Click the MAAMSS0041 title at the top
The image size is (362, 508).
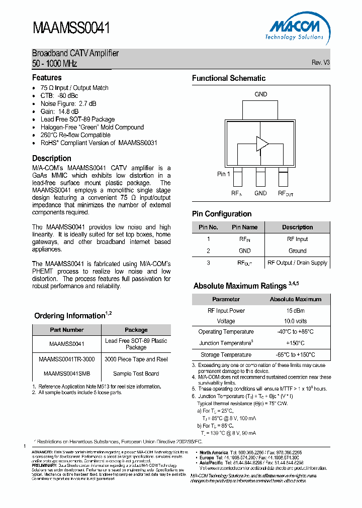pos(71,28)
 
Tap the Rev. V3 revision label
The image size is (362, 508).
pos(320,63)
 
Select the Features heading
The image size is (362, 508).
pos(47,78)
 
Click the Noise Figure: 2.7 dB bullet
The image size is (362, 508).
pos(68,103)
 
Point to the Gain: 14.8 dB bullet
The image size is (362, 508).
pos(59,111)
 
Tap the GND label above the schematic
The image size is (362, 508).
pos(260,94)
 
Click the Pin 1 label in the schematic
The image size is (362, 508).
pos(224,174)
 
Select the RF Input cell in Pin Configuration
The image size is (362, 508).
pos(297,239)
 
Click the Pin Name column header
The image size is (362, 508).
pos(244,227)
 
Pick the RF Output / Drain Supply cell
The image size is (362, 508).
pos(297,263)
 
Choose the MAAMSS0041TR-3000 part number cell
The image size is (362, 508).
pos(66,359)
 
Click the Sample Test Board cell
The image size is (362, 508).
pos(136,373)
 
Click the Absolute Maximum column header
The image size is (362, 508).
pos(295,299)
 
